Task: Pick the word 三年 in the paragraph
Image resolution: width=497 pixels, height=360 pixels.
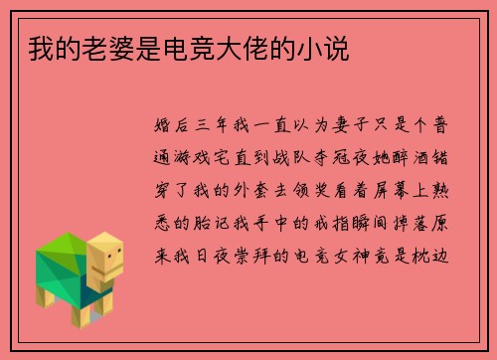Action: [x=224, y=127]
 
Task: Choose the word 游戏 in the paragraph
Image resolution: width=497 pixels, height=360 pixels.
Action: [x=200, y=154]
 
